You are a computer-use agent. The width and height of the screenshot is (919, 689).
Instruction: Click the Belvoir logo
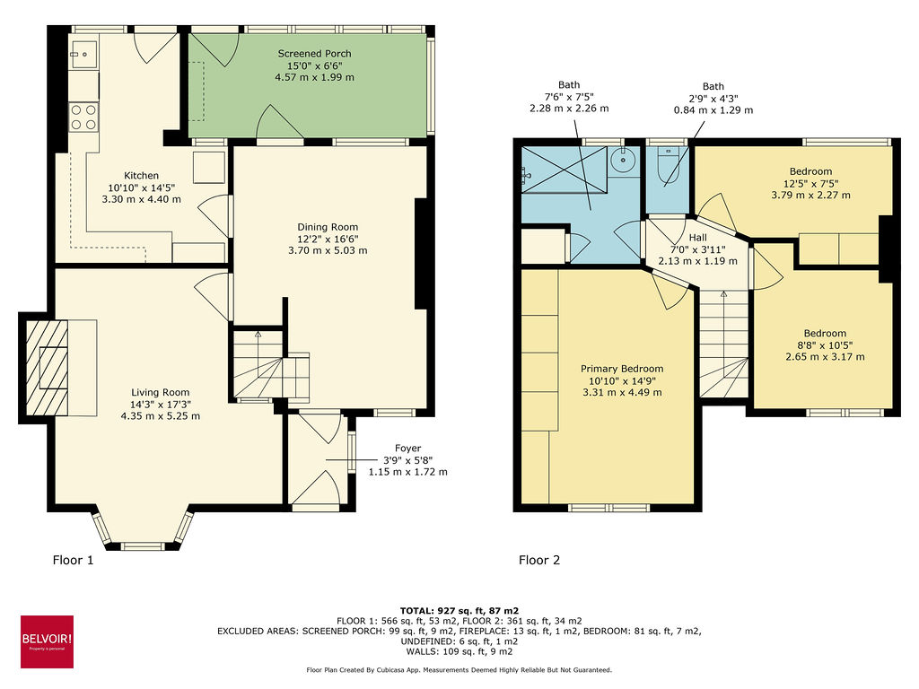pyautogui.click(x=47, y=641)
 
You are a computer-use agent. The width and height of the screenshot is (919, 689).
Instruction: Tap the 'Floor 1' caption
pyautogui.click(x=73, y=561)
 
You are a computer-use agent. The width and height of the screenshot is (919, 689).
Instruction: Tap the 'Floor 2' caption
pyautogui.click(x=539, y=561)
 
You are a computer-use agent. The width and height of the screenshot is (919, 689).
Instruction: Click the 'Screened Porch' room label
pyautogui.click(x=314, y=54)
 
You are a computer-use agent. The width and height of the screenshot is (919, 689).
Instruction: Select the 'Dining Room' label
pyautogui.click(x=328, y=227)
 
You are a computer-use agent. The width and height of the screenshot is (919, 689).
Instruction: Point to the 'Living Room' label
pyautogui.click(x=161, y=392)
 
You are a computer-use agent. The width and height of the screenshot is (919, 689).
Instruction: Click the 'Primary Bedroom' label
pyautogui.click(x=622, y=369)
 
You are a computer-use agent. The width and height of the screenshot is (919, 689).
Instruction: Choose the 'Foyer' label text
pyautogui.click(x=407, y=449)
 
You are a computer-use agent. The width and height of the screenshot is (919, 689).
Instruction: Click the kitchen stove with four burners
pyautogui.click(x=83, y=118)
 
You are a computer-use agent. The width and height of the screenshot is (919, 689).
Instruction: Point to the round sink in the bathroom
pyautogui.click(x=622, y=161)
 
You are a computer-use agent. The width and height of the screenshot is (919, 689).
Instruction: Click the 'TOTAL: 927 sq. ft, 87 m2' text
pyautogui.click(x=459, y=610)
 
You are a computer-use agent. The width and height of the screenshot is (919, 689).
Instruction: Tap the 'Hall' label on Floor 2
pyautogui.click(x=697, y=239)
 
